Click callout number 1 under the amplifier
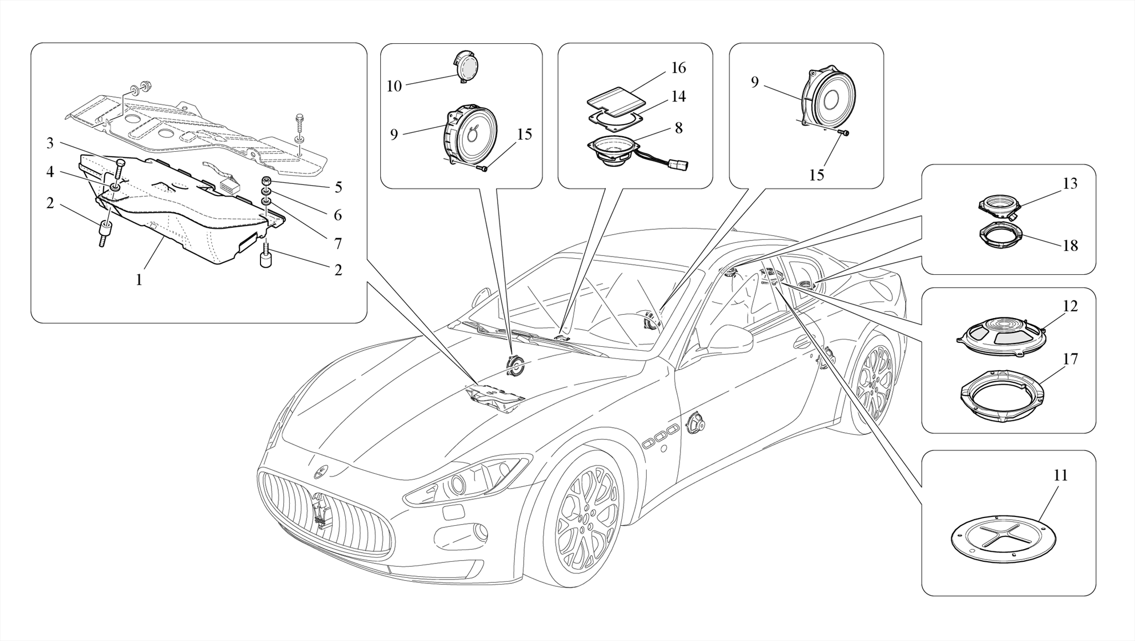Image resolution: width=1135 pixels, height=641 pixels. click(139, 280)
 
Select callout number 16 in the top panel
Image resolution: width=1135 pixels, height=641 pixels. click(678, 68)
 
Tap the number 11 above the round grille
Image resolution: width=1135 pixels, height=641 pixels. click(1060, 475)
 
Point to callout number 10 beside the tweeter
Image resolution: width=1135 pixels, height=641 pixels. click(394, 86)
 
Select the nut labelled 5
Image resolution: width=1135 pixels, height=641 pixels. click(267, 181)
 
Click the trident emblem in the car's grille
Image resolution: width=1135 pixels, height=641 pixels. click(320, 508)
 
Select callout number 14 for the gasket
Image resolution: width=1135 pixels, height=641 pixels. click(678, 96)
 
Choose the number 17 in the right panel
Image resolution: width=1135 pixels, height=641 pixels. click(1070, 360)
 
